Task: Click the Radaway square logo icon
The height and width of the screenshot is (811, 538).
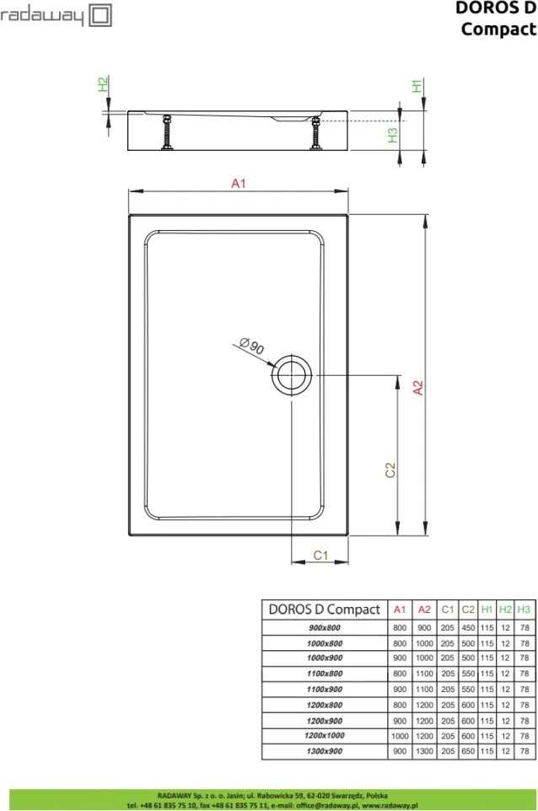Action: [100, 15]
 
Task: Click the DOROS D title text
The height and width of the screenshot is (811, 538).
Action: [495, 8]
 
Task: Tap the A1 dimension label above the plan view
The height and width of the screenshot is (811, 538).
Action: [239, 183]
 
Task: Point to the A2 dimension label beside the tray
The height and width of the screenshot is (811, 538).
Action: [418, 388]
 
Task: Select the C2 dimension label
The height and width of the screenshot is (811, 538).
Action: [390, 470]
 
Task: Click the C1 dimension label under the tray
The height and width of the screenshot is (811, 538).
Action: [320, 555]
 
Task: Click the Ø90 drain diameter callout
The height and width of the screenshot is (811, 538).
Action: [252, 346]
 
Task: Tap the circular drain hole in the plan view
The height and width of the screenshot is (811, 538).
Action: [292, 375]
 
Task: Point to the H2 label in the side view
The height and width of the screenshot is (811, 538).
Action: [104, 83]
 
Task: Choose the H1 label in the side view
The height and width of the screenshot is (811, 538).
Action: [417, 86]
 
